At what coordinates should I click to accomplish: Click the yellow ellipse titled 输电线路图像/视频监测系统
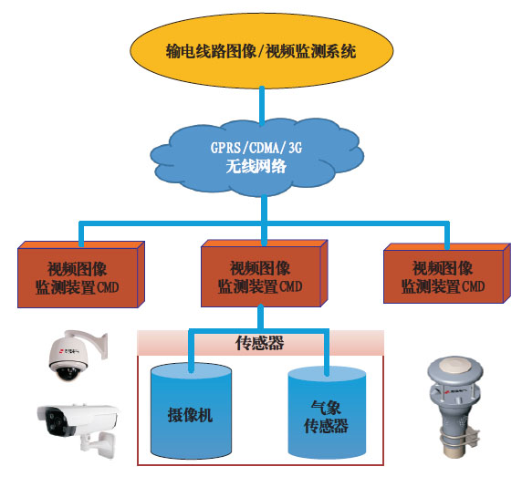pos(262,51)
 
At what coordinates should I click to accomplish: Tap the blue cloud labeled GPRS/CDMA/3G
pos(257,157)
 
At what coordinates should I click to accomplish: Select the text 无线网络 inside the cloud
pos(256,166)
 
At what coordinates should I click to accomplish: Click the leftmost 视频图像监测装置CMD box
pos(81,275)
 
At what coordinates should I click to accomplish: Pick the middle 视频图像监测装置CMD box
pos(265,274)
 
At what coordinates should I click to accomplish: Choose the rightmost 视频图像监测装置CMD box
pos(447,274)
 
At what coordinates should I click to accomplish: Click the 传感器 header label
pos(260,343)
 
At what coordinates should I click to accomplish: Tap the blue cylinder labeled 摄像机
pos(191,410)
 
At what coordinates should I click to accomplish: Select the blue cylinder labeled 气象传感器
pos(327,413)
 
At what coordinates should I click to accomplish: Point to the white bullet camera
pos(78,429)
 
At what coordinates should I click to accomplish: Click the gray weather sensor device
pos(455,407)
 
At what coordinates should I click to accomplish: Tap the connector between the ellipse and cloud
pos(262,106)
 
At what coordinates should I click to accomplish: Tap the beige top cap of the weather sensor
pos(455,366)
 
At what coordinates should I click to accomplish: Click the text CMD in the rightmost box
pos(472,286)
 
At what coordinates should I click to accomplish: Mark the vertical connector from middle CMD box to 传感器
pos(261,317)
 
